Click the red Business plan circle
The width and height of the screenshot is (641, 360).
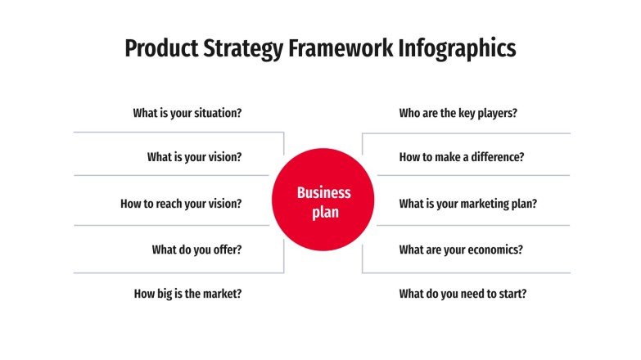tap(323, 202)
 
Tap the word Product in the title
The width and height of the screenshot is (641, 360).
tap(156, 48)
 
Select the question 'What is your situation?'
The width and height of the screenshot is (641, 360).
tap(187, 113)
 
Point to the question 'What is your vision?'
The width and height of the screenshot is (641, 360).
tap(194, 157)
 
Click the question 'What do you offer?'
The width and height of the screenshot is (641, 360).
tap(196, 250)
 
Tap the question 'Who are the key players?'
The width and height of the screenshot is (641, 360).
tap(458, 113)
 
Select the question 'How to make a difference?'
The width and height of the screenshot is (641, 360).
tap(462, 157)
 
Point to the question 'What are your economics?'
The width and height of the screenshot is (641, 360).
tap(461, 250)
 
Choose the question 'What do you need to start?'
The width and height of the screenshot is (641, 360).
tap(463, 293)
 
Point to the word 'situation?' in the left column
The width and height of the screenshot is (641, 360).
tap(215, 113)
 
